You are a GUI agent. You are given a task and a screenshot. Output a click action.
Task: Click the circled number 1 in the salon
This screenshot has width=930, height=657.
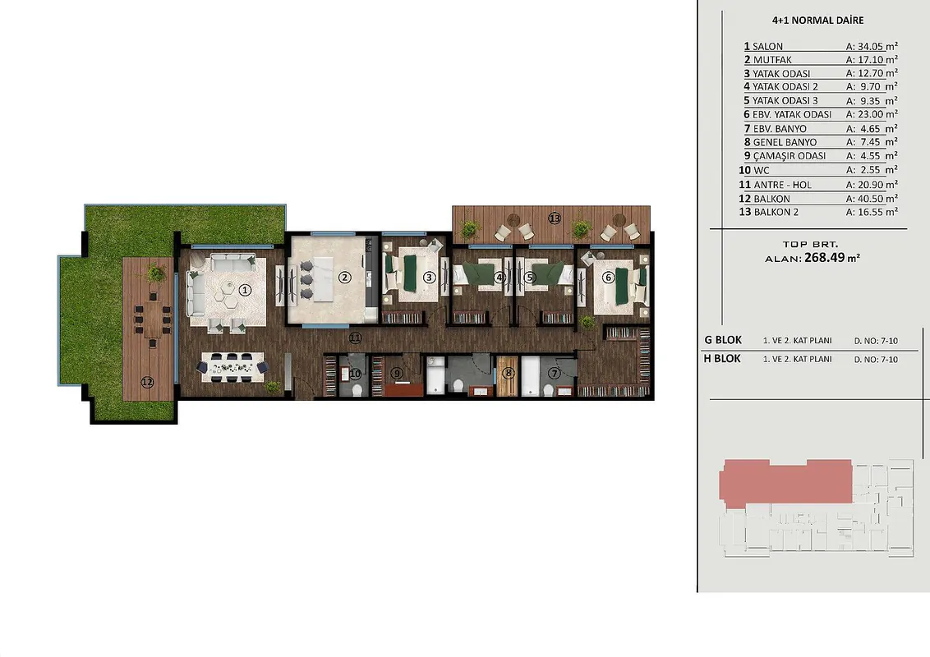click(x=245, y=290)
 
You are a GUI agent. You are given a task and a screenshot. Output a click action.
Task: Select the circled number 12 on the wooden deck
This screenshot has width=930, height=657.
click(x=147, y=383)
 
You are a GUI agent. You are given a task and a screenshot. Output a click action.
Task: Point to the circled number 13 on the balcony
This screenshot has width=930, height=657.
click(x=555, y=218)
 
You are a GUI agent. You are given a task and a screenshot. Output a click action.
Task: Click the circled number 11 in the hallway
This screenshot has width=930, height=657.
click(x=355, y=338)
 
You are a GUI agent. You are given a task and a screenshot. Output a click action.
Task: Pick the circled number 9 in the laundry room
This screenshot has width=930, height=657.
click(x=397, y=373)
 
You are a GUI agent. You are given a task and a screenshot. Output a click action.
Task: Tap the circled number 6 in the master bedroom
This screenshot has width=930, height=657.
click(x=607, y=278)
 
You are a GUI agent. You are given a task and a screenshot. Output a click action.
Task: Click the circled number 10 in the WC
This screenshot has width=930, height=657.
click(x=355, y=374)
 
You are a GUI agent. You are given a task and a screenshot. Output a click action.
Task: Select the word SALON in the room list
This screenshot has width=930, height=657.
click(x=767, y=46)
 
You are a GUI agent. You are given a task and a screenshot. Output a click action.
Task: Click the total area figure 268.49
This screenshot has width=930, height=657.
click(x=825, y=258)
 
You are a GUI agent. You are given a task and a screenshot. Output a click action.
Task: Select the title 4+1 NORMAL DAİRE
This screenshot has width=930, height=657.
click(x=818, y=21)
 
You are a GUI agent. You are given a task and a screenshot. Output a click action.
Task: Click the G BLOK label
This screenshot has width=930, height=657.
click(x=723, y=340)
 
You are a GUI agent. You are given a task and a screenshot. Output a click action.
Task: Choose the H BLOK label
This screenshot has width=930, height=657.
click(x=722, y=359)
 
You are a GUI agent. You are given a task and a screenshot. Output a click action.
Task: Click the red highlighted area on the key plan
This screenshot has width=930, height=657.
click(x=785, y=483)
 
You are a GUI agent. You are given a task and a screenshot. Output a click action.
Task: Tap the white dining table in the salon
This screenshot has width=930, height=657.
click(x=232, y=367)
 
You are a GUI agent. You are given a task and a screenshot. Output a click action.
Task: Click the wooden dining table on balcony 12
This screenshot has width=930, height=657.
click(x=153, y=318)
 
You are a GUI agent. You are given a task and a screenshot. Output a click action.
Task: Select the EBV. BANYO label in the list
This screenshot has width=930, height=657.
click(x=780, y=129)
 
